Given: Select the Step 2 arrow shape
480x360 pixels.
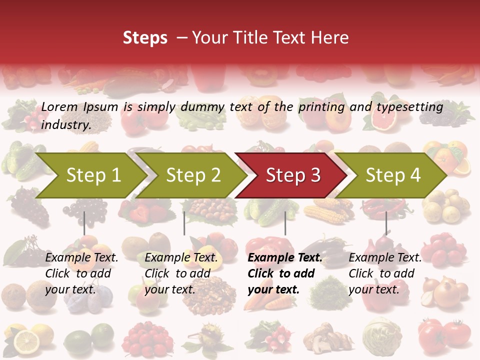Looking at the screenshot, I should [193, 175].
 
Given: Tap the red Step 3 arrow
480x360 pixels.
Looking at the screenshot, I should [292, 175].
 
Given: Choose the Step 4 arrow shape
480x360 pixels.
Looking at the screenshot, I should [392, 175].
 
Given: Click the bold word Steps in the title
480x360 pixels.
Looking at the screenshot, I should [145, 38].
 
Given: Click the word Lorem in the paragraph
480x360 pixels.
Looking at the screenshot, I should [59, 107].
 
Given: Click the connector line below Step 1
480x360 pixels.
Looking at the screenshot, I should [84, 223].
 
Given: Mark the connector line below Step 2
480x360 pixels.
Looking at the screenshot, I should [184, 223].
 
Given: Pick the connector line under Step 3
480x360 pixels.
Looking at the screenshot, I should [285, 223].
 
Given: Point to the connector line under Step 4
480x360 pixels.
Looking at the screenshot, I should [386, 223].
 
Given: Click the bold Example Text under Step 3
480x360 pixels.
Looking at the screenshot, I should [285, 258].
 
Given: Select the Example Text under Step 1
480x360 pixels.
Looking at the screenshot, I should [81, 258].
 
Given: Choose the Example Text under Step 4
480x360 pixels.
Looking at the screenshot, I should [385, 258].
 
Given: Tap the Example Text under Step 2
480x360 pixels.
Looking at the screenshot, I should [181, 258].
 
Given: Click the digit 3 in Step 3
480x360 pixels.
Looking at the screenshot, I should [314, 175].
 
